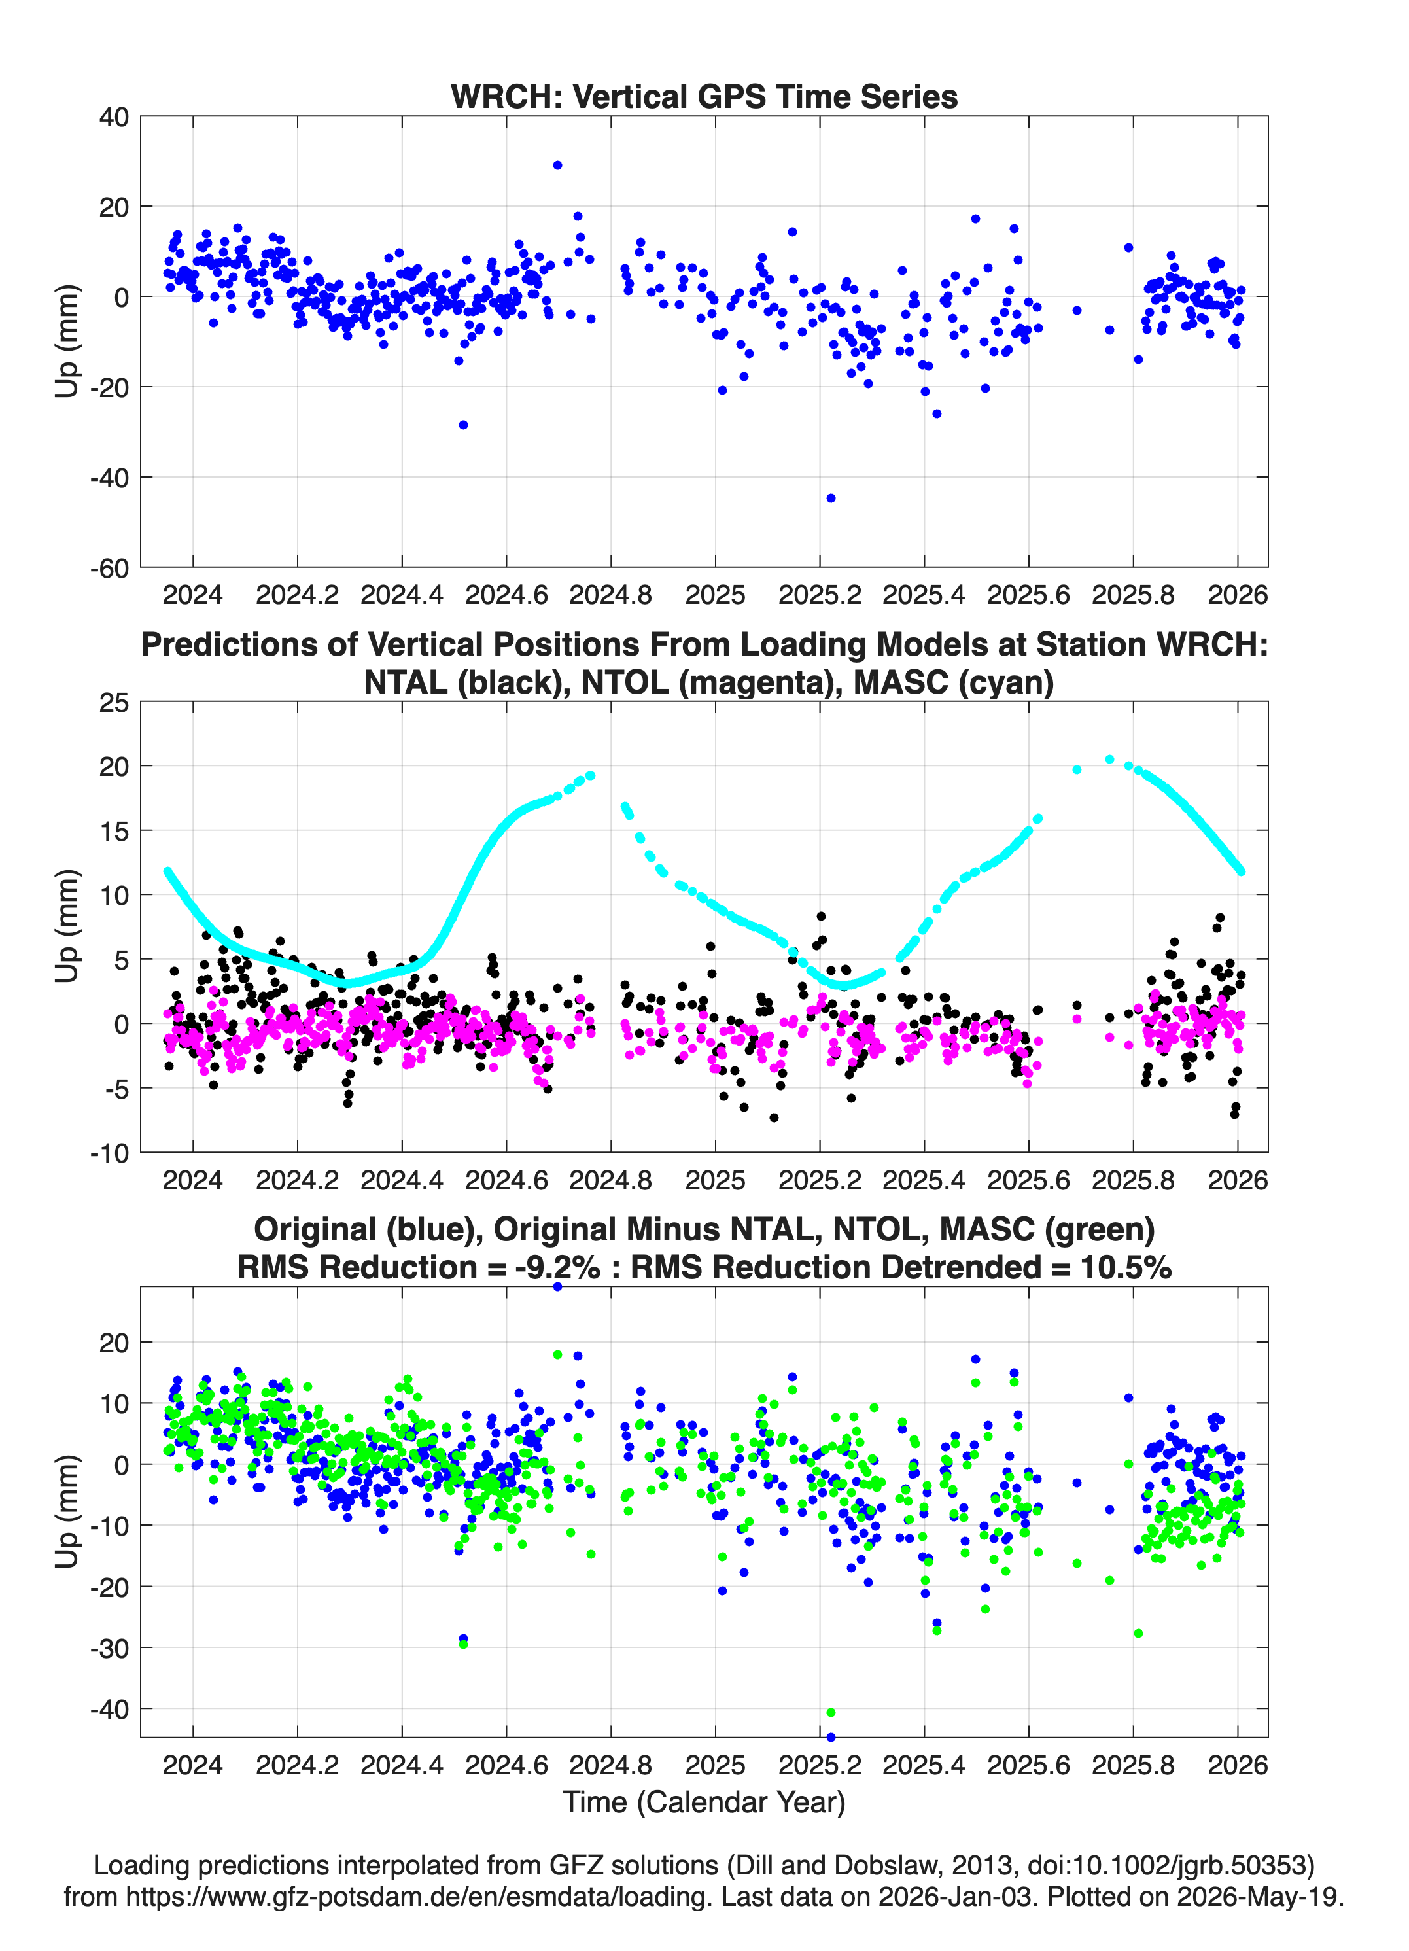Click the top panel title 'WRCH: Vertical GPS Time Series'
pos(704,96)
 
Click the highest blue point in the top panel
pos(557,165)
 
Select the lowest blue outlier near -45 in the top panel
pos(830,498)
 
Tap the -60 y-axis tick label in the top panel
pos(109,568)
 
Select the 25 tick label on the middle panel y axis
pos(114,703)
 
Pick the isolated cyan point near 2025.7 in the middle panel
pos(1077,770)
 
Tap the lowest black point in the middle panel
pos(774,1117)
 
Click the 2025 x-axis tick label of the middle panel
pos(716,1180)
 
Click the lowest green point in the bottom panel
pos(831,1713)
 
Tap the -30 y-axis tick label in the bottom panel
pos(109,1648)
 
